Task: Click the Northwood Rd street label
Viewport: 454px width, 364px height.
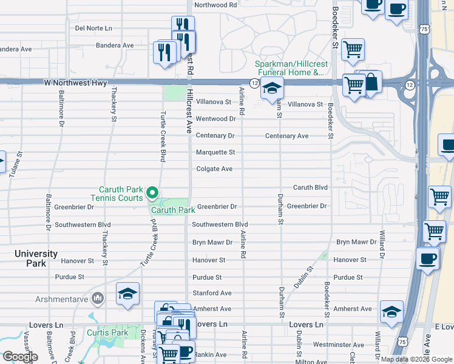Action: coord(215,5)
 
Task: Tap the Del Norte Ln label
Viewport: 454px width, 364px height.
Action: coord(93,28)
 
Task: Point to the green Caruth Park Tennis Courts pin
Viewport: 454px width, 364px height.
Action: coord(152,194)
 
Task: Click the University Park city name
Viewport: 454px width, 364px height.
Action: coord(36,258)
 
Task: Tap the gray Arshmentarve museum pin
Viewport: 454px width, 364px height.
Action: coord(98,298)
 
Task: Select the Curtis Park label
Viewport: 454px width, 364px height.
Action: coord(107,332)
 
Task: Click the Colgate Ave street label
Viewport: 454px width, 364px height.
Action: coord(214,169)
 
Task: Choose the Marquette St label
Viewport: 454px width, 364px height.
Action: coord(215,152)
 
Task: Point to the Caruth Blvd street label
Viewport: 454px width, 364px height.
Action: coord(310,187)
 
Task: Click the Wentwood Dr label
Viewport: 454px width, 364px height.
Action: coord(215,119)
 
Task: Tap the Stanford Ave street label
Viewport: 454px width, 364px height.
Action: coord(212,293)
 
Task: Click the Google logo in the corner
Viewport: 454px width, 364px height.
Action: coord(20,357)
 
